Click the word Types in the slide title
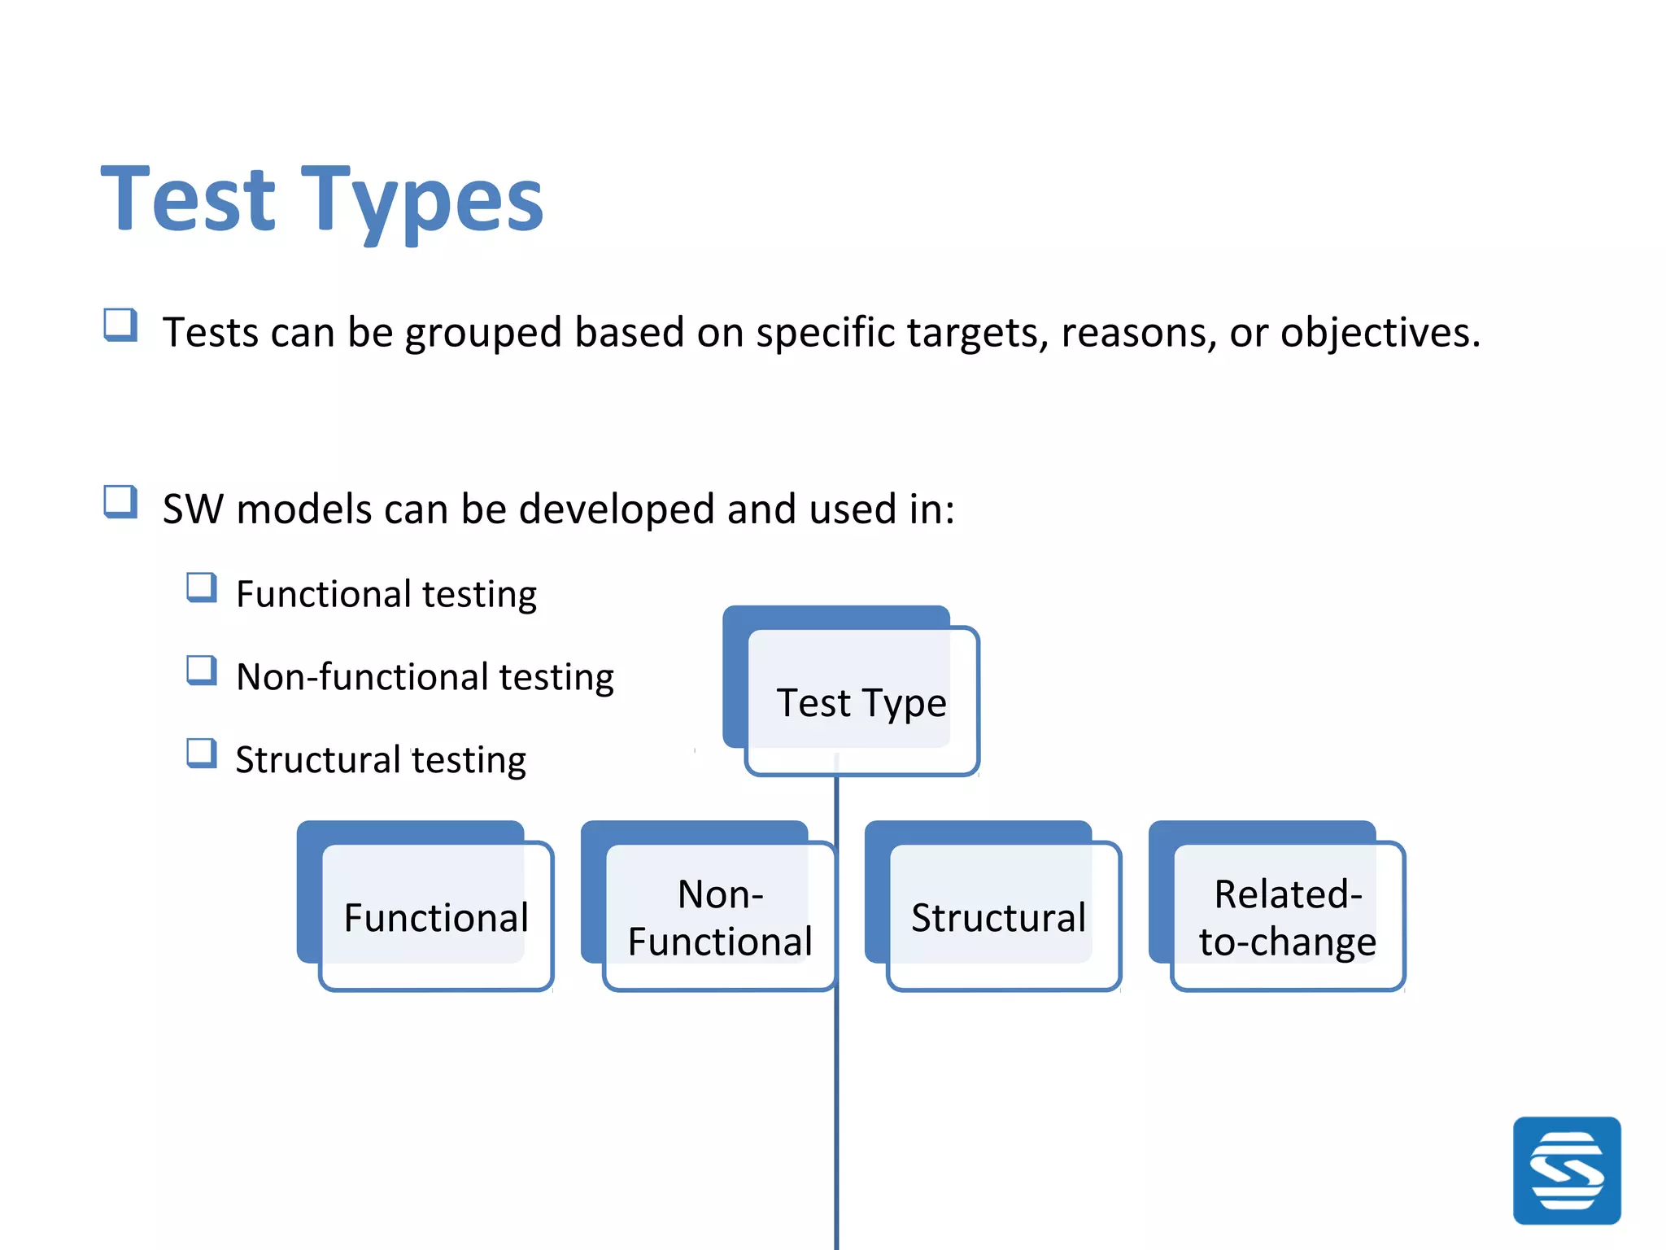click(x=421, y=199)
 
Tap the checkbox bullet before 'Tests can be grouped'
click(x=120, y=325)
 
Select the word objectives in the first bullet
click(x=1380, y=333)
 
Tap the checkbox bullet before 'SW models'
click(x=120, y=501)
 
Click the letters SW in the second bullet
click(x=193, y=509)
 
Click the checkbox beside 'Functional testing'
click(x=201, y=587)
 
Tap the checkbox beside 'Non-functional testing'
click(x=201, y=670)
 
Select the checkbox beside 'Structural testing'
click(x=201, y=753)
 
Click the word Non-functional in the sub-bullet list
click(x=362, y=677)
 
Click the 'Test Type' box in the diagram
click(x=861, y=701)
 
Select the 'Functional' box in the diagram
click(x=436, y=917)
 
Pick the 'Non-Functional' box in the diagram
click(x=720, y=917)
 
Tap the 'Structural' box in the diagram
click(x=999, y=917)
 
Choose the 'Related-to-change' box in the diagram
click(x=1287, y=917)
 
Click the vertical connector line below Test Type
click(x=836, y=1099)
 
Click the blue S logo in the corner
click(x=1566, y=1170)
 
